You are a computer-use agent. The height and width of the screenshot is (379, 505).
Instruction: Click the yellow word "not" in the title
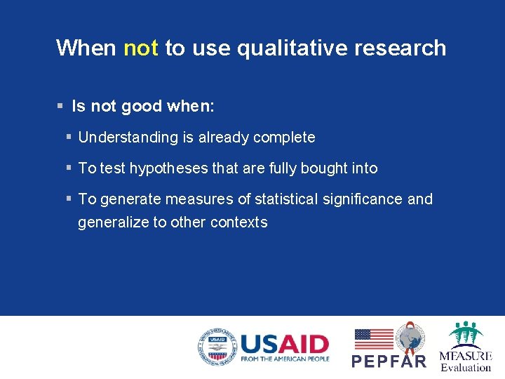(x=140, y=48)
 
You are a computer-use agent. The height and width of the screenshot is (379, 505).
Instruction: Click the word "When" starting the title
(x=86, y=48)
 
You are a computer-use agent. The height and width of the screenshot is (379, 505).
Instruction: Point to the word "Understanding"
(x=128, y=138)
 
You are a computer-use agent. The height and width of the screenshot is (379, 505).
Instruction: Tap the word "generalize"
(x=112, y=222)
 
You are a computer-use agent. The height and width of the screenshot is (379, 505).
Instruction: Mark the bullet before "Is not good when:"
(x=60, y=107)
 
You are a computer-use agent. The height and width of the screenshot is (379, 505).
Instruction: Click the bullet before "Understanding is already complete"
(x=69, y=138)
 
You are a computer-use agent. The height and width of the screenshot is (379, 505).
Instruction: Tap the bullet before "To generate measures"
(x=69, y=199)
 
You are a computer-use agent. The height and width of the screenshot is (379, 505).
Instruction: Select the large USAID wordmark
(x=284, y=343)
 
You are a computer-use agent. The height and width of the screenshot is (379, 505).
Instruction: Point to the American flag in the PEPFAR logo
(x=373, y=339)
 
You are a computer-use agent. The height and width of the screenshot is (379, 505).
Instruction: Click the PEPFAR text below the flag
(x=389, y=361)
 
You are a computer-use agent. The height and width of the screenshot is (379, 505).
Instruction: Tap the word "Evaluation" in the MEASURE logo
(x=466, y=367)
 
